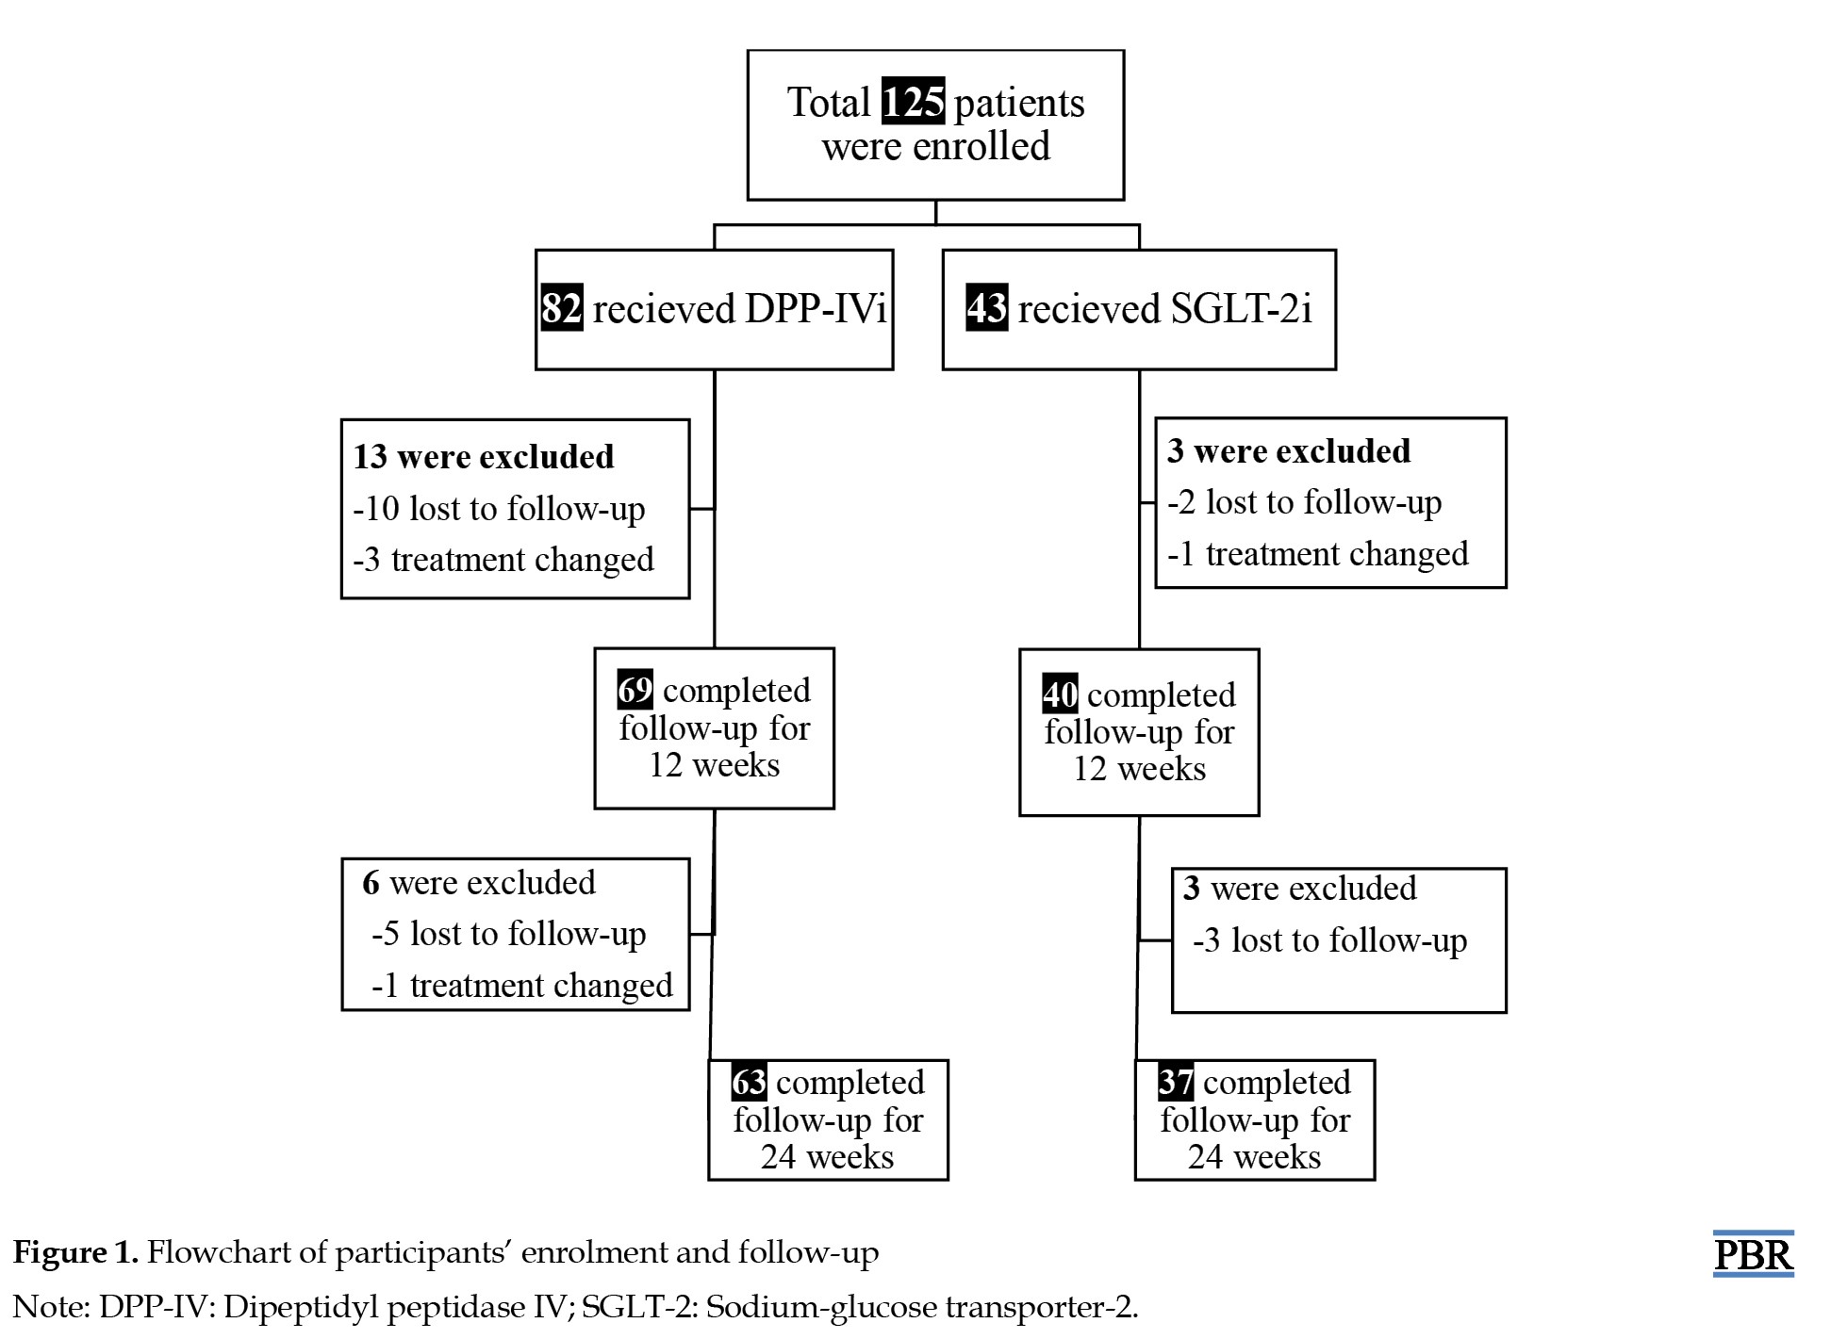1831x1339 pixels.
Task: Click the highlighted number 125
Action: [x=913, y=102]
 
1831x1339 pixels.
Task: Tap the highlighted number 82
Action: [x=561, y=308]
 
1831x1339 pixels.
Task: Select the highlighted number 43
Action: [x=986, y=308]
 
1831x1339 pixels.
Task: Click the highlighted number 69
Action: [x=635, y=690]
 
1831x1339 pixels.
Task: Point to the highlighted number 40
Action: [x=1060, y=694]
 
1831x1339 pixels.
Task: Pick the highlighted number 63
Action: [x=749, y=1082]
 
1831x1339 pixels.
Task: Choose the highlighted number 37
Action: [x=1176, y=1082]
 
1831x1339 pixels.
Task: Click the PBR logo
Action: [x=1753, y=1254]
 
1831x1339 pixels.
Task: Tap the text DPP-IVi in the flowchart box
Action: [x=816, y=309]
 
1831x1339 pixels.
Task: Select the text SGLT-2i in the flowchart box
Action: [x=1241, y=309]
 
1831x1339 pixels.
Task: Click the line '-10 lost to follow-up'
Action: [x=499, y=509]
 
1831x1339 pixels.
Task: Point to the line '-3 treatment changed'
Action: [x=503, y=560]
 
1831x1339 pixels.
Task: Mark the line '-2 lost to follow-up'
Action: [x=1305, y=503]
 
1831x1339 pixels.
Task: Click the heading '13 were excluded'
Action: [x=483, y=457]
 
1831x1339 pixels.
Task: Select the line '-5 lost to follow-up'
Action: [x=508, y=934]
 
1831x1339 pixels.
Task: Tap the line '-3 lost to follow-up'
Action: [x=1329, y=940]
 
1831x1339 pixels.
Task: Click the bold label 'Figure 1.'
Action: [x=75, y=1253]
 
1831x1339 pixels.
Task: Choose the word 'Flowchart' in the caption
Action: [x=218, y=1252]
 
